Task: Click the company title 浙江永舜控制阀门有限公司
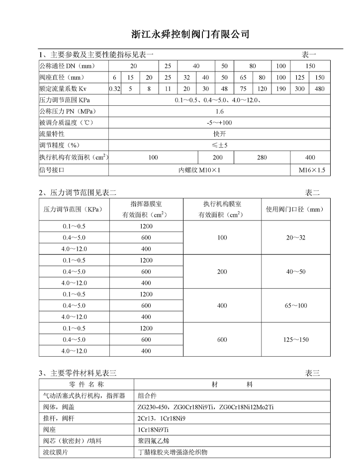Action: (x=190, y=34)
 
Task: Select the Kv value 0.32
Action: (x=115, y=89)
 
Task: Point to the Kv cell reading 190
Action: (x=281, y=89)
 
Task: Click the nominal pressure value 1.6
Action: (x=219, y=111)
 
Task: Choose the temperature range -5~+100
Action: (x=219, y=123)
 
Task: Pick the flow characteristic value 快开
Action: (x=219, y=134)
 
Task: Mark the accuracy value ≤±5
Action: (x=219, y=146)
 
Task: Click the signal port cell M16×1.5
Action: (x=312, y=169)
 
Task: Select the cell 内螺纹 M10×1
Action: (x=199, y=169)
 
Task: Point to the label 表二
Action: (x=312, y=192)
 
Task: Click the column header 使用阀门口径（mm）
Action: (x=295, y=210)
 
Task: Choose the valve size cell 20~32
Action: (x=295, y=238)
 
